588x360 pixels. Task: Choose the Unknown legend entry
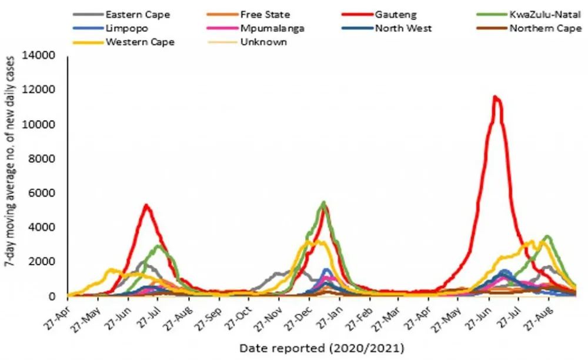tap(264, 42)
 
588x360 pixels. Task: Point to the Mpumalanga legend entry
tap(273, 28)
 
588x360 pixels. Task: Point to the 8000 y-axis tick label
tap(44, 159)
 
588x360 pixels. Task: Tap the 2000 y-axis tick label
tap(44, 262)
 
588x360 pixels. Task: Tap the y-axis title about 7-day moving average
tap(10, 176)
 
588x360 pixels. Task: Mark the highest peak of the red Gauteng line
tap(496, 96)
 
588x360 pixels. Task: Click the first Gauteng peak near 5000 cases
tap(146, 205)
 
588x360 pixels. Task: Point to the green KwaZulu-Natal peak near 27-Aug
tap(547, 236)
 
